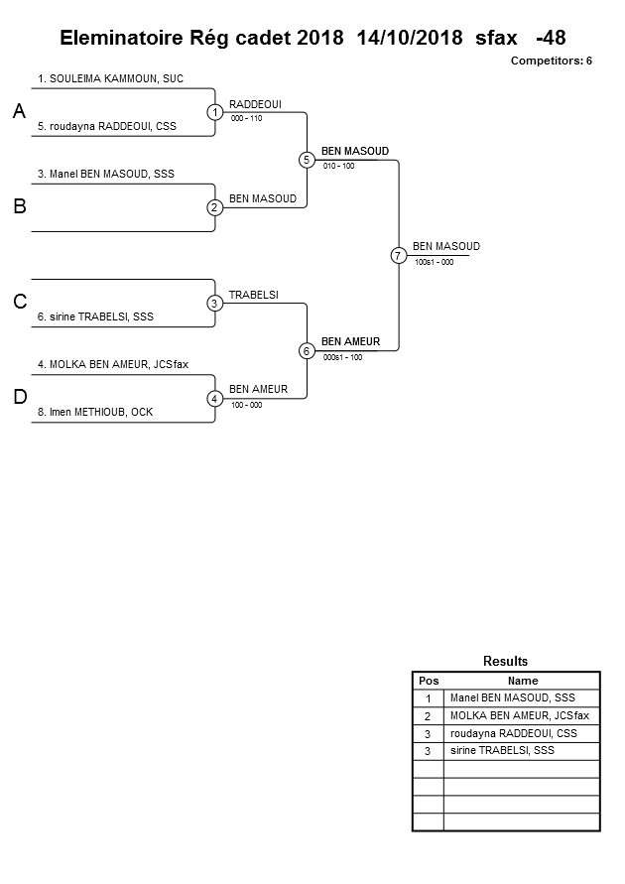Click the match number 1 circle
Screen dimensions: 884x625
pyautogui.click(x=215, y=112)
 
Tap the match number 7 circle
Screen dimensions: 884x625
pyautogui.click(x=398, y=255)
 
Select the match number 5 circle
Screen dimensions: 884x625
pyautogui.click(x=307, y=160)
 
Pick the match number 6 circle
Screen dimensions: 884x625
pyautogui.click(x=307, y=350)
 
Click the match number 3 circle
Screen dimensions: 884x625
pyautogui.click(x=215, y=303)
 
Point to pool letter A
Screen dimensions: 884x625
pyautogui.click(x=19, y=113)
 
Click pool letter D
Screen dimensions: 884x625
pyautogui.click(x=19, y=398)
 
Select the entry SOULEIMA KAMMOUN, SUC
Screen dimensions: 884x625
pyautogui.click(x=110, y=77)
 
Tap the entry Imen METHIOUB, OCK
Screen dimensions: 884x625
pyautogui.click(x=95, y=412)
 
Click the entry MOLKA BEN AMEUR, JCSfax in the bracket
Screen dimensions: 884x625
pyautogui.click(x=112, y=364)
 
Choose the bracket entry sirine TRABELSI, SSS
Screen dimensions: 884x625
pyautogui.click(x=102, y=316)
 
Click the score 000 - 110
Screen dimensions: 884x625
pyautogui.click(x=246, y=118)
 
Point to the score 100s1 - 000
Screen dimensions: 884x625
pyautogui.click(x=434, y=262)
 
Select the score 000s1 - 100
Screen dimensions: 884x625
pyautogui.click(x=342, y=357)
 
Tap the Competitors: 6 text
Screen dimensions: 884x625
pyautogui.click(x=551, y=61)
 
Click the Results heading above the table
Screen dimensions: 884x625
pyautogui.click(x=505, y=661)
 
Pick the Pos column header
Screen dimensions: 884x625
pyautogui.click(x=428, y=681)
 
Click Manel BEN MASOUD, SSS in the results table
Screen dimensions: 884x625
pyautogui.click(x=512, y=697)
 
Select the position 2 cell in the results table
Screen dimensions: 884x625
pyautogui.click(x=428, y=715)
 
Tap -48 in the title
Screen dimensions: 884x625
pyautogui.click(x=550, y=38)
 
